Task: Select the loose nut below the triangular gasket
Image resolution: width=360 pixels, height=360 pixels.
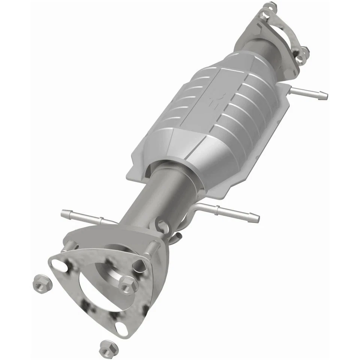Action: tap(106, 348)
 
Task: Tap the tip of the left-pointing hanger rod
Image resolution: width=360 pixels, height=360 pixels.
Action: tap(64, 213)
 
